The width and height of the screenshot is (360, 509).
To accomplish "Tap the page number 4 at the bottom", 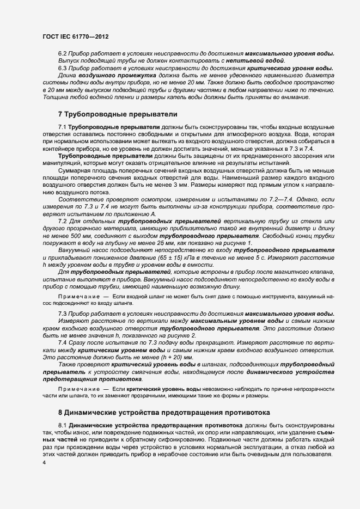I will click(x=44, y=462).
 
